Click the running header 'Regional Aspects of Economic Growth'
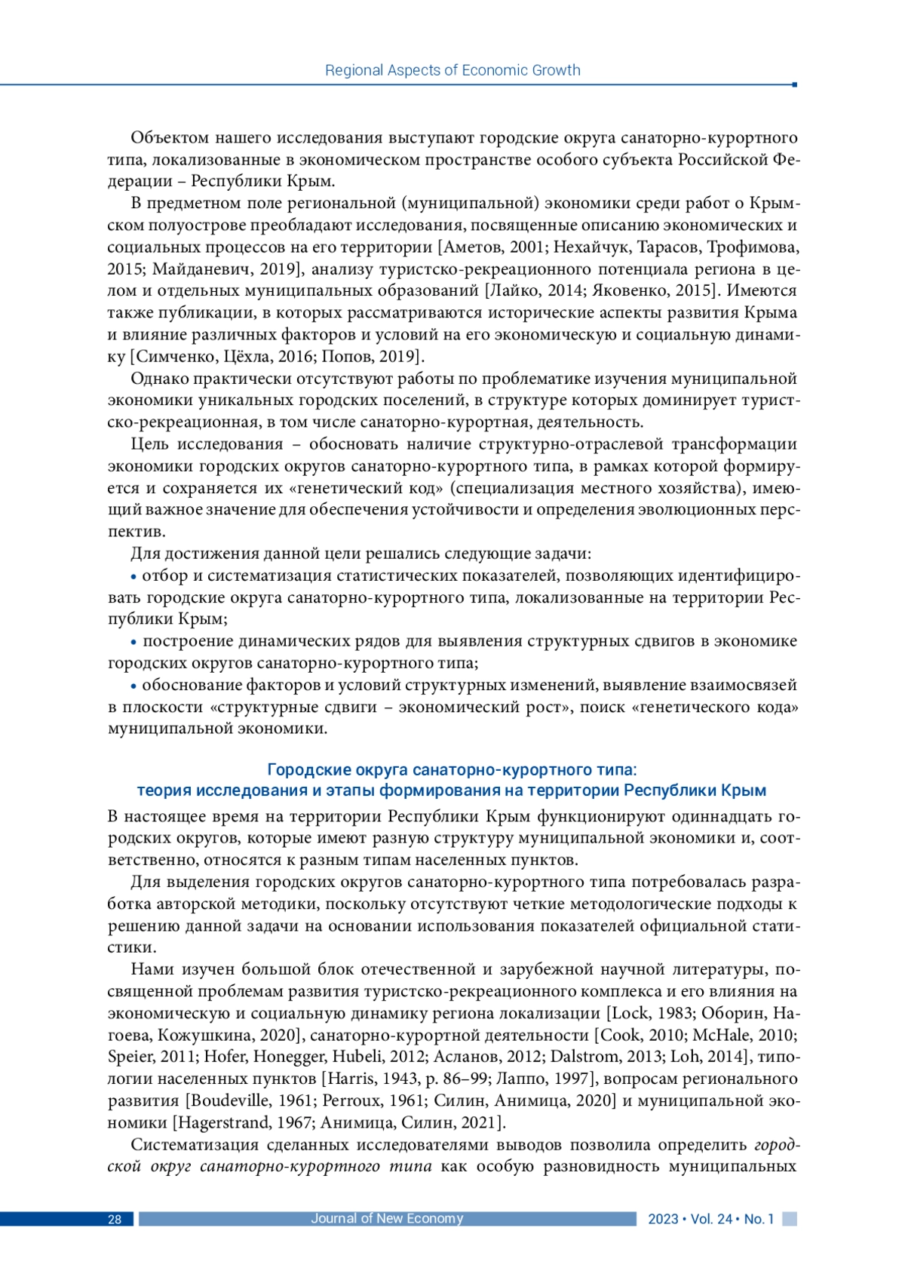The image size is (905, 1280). click(x=452, y=70)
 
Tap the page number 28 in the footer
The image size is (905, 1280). click(x=115, y=1219)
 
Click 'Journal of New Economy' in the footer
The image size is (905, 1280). click(x=387, y=1218)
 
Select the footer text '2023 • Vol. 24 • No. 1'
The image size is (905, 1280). click(x=710, y=1219)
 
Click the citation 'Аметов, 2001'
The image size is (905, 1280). click(x=485, y=247)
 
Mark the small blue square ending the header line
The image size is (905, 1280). click(x=794, y=84)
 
